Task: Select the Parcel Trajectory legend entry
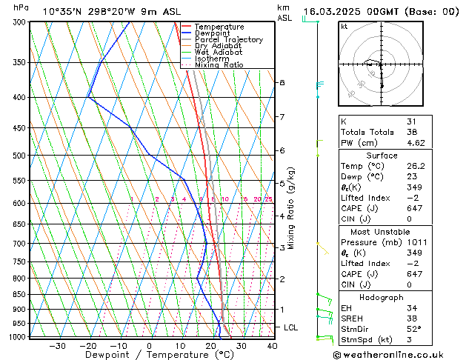pyautogui.click(x=228, y=40)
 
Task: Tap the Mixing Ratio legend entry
pyautogui.click(x=219, y=65)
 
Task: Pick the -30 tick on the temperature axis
pyautogui.click(x=57, y=346)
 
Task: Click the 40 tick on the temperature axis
pyautogui.click(x=272, y=346)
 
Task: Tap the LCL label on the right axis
pyautogui.click(x=292, y=327)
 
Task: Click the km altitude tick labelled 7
pyautogui.click(x=282, y=117)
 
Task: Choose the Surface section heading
pyautogui.click(x=382, y=156)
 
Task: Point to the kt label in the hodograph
pyautogui.click(x=344, y=27)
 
